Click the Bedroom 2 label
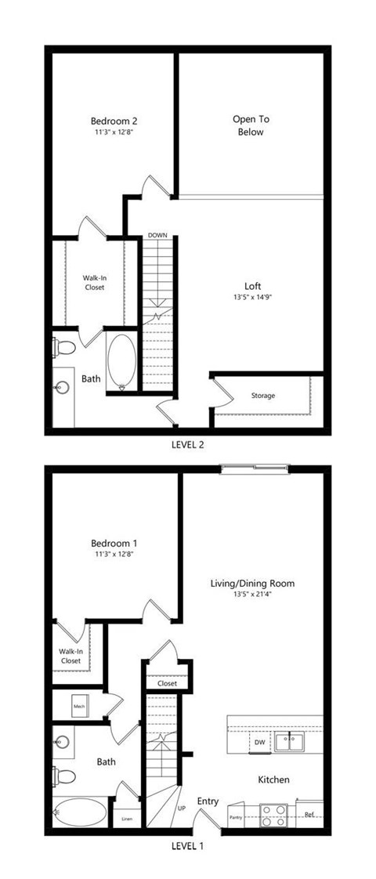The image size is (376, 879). coord(114,121)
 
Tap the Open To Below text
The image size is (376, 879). coord(251,125)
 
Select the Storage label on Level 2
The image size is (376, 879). coord(263,396)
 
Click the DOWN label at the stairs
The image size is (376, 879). coord(157,235)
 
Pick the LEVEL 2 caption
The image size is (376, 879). coord(187,444)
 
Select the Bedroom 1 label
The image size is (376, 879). coord(114,543)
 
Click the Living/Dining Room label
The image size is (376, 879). coord(252,584)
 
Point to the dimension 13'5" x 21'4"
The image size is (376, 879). coord(252,595)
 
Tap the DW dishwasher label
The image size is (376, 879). coord(259,742)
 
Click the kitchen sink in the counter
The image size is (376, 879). coord(292,740)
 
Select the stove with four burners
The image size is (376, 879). coord(273,816)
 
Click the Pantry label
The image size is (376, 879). coord(235,818)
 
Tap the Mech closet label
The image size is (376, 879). coord(79,706)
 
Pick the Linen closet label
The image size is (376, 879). coord(126,820)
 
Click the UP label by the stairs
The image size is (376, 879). coord(182,807)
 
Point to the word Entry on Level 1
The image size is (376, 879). coord(208,801)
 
